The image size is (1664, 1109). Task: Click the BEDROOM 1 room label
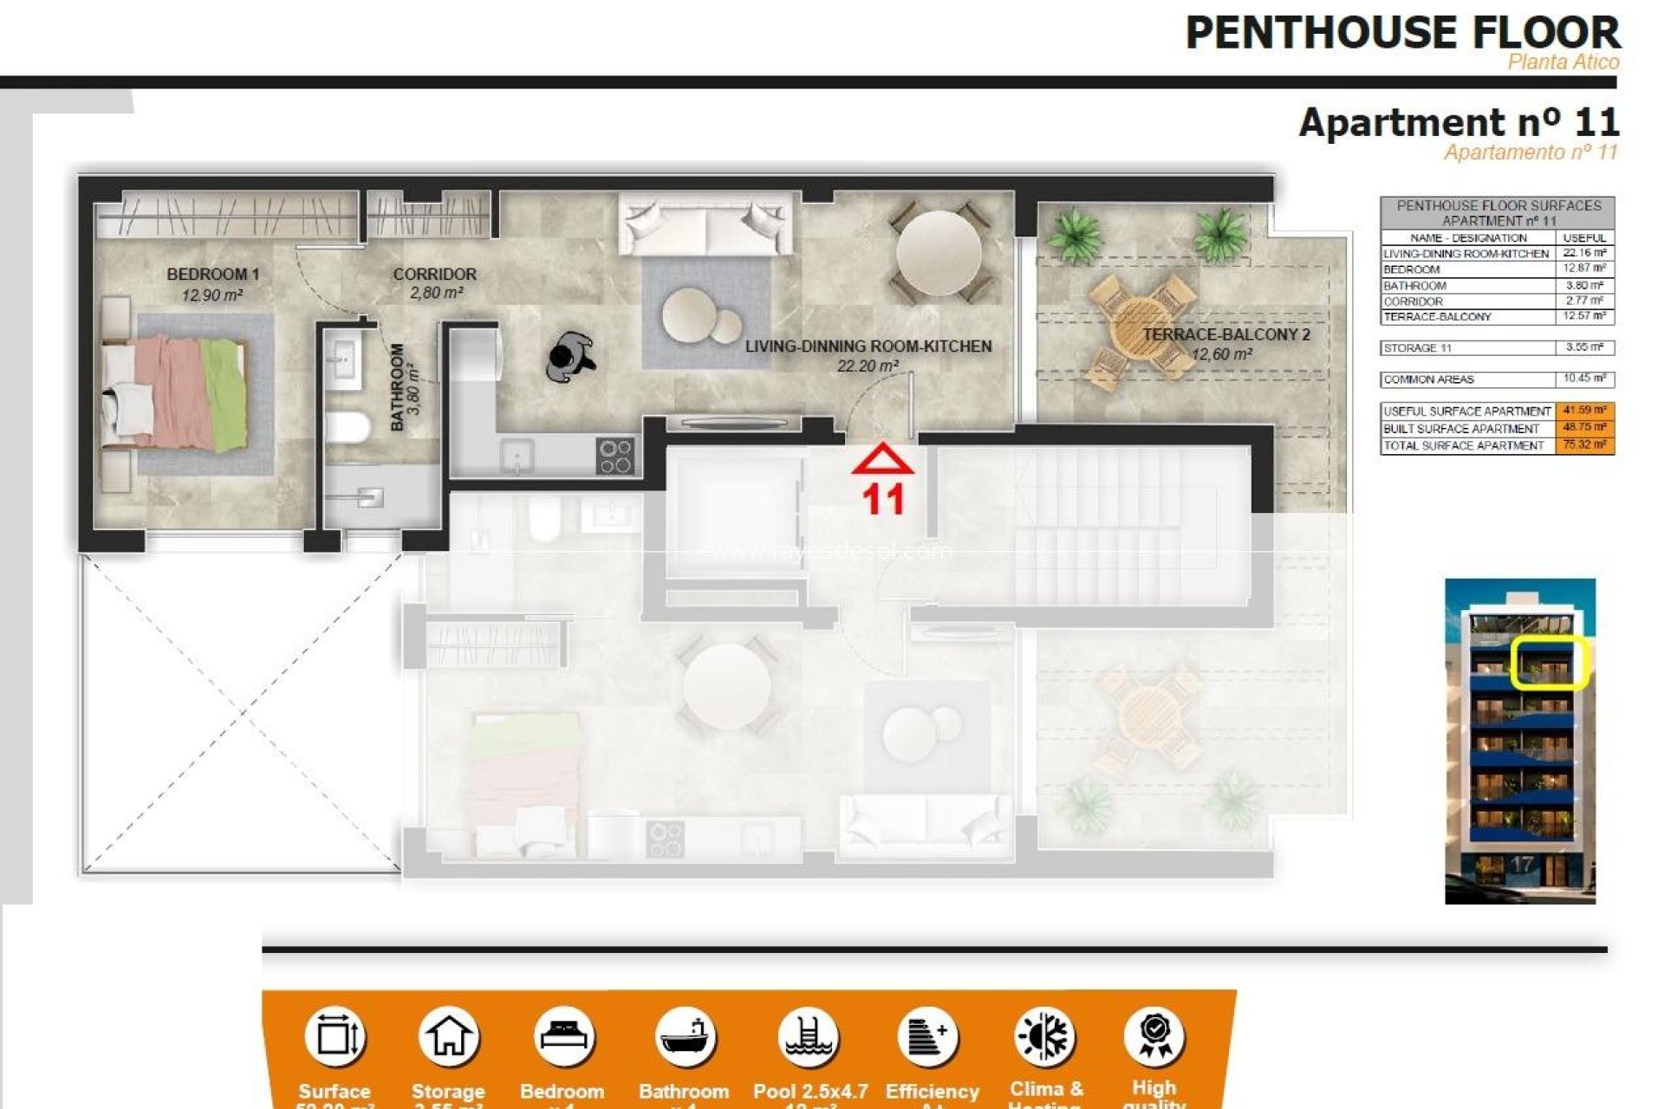coord(212,275)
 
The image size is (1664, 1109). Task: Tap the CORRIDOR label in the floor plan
coord(434,275)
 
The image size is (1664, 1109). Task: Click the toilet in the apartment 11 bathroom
coord(348,427)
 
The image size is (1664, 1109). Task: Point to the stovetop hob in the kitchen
coord(615,456)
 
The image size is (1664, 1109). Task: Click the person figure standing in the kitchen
coord(570,356)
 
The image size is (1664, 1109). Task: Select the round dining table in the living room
coord(939,253)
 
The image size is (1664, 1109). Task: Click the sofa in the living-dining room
coord(705,224)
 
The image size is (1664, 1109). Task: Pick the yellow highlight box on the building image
coord(1548,663)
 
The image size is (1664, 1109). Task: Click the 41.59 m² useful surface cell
coord(1584,411)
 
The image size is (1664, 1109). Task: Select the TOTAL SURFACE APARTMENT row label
coord(1464,445)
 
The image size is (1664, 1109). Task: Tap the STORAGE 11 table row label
coord(1417,348)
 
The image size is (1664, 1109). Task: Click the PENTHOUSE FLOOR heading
coord(1401,33)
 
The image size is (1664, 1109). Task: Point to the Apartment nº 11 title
coord(1459,122)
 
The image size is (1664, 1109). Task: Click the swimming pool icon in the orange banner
coord(808,1037)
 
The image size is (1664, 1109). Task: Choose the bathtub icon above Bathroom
coord(685,1037)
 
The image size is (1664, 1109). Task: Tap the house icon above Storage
coord(448,1037)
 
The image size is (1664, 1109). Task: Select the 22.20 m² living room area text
coord(868,366)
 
